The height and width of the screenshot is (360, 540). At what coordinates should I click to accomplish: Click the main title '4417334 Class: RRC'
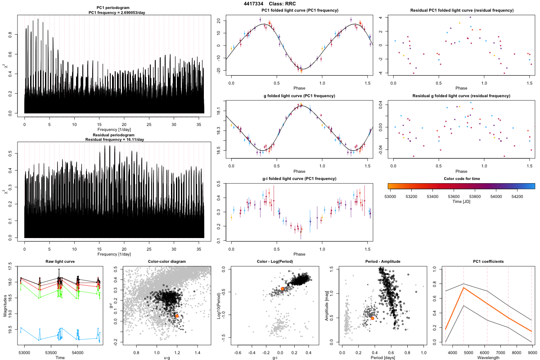[x=270, y=4]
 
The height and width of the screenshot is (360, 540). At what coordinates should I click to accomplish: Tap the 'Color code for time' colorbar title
[x=461, y=179]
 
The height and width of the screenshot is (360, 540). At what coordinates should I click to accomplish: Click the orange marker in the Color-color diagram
[x=177, y=316]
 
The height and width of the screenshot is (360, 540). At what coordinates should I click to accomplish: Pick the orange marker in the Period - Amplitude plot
[x=373, y=318]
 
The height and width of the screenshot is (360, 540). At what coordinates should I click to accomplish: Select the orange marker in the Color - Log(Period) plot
[x=282, y=288]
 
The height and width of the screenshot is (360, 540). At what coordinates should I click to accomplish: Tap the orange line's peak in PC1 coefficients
[x=463, y=288]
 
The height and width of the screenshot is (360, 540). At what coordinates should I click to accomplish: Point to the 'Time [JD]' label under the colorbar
[x=461, y=202]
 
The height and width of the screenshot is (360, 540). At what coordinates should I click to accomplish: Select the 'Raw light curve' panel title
[x=60, y=261]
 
